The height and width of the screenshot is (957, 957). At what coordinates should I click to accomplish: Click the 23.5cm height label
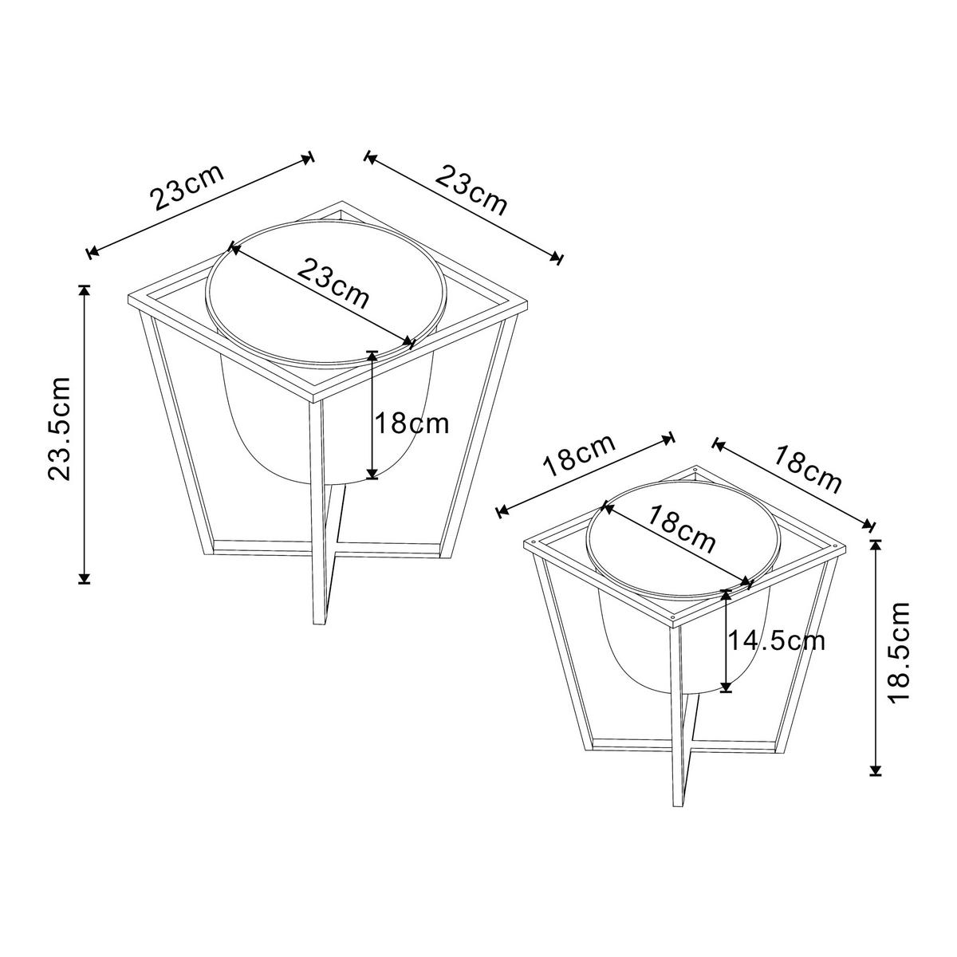tap(61, 429)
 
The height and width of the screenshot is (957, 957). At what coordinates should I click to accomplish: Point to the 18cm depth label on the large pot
tap(412, 423)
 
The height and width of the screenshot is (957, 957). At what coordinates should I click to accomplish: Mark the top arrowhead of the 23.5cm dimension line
tap(84, 289)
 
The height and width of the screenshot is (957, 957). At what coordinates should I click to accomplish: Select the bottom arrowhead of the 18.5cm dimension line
tap(876, 769)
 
